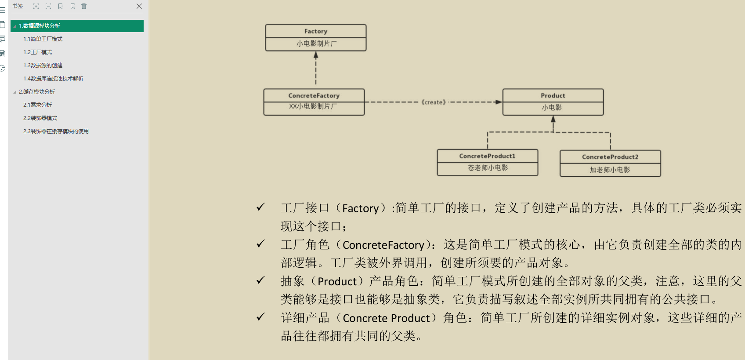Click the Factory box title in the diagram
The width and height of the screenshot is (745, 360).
click(315, 31)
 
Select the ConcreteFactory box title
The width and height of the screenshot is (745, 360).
click(314, 95)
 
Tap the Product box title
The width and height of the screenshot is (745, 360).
click(553, 95)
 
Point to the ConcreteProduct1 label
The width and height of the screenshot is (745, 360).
click(487, 156)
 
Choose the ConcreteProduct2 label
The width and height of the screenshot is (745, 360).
click(610, 157)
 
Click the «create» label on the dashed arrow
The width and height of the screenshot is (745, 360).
click(434, 102)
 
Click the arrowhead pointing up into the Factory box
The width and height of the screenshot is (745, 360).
click(316, 55)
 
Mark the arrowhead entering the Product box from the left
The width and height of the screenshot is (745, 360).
click(499, 102)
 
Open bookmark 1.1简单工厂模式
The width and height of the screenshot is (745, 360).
click(43, 39)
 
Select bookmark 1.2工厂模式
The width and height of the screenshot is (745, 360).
click(38, 52)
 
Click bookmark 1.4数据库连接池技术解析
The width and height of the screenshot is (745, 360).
click(53, 79)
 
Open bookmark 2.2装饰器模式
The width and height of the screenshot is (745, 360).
click(40, 118)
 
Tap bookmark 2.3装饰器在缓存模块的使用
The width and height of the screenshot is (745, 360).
click(56, 131)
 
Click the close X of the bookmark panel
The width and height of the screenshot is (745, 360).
click(139, 6)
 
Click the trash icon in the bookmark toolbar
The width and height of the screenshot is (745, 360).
click(84, 6)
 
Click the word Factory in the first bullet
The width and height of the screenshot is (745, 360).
click(360, 208)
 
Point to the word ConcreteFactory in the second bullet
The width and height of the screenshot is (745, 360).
click(383, 245)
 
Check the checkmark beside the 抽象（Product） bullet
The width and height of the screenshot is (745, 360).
click(260, 280)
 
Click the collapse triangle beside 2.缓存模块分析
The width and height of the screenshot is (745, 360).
click(15, 92)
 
